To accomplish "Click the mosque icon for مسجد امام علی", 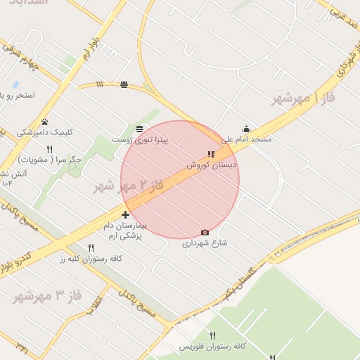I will (246, 129).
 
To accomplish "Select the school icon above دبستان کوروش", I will (211, 155).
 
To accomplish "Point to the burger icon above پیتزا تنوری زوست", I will (139, 129).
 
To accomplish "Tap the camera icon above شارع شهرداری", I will (205, 233).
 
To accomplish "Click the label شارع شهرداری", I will (206, 243).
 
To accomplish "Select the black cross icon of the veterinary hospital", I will (125, 214).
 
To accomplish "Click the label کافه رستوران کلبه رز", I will (91, 258).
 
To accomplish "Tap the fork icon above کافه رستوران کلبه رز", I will (91, 247).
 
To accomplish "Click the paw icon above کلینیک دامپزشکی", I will (44, 122).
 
